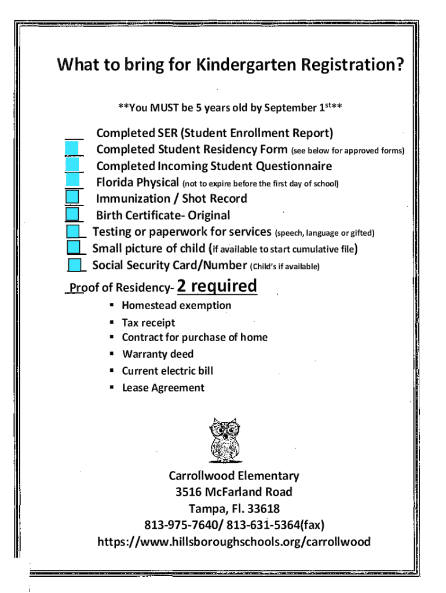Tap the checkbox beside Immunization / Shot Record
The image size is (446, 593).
[x=72, y=198]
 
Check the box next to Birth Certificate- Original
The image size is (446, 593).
[x=72, y=215]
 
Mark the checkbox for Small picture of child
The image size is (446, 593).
[x=74, y=248]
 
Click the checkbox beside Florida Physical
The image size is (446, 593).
[x=72, y=181]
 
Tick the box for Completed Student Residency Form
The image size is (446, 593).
[x=72, y=149]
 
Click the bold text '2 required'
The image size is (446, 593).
[x=217, y=286]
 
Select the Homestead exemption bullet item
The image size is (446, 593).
[x=176, y=306]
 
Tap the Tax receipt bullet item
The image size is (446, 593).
[x=148, y=323]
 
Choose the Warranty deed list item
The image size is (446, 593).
[x=158, y=354]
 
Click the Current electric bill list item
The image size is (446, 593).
[x=167, y=371]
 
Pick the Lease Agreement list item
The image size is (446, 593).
[x=163, y=387]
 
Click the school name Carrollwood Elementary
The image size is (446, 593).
[x=234, y=476]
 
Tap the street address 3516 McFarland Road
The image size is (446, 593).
[x=234, y=492]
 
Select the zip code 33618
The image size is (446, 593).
[x=262, y=509]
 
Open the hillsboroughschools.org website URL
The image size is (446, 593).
[x=234, y=542]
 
